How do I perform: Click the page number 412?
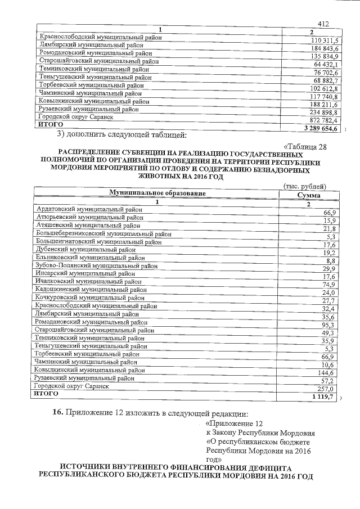coord(322,24)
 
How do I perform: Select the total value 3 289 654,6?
coord(319,129)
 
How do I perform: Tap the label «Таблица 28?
coord(305,147)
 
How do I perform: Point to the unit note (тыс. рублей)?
coord(304,186)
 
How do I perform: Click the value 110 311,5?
coord(323,40)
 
